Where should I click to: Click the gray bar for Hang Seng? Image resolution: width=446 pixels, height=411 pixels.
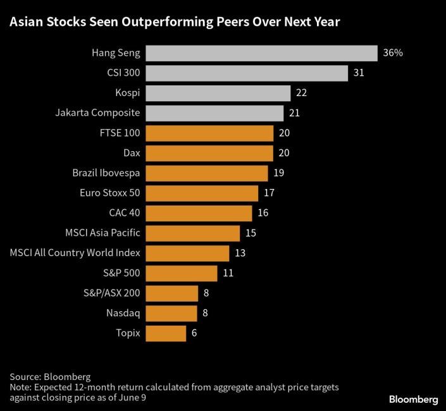261,53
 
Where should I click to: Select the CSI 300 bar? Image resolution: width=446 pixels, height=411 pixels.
247,73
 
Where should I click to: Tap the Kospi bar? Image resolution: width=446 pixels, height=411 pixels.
218,93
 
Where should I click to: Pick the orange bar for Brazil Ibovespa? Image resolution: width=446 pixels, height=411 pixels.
207,173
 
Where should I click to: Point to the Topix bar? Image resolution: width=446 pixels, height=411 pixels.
166,333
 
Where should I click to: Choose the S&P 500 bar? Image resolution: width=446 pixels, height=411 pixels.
182,273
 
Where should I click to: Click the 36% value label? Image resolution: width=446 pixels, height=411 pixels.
392,53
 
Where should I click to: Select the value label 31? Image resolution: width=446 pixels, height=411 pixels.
359,73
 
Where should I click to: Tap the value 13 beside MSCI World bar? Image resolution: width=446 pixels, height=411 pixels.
240,253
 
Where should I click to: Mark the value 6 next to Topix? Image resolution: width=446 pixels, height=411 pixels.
194,333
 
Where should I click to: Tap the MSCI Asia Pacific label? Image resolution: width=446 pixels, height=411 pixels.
102,233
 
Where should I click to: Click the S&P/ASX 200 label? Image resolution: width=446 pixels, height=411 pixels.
111,293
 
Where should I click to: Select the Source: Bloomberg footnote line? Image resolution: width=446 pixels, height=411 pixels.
50,376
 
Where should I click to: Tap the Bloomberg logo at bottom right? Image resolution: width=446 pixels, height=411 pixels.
411,400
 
